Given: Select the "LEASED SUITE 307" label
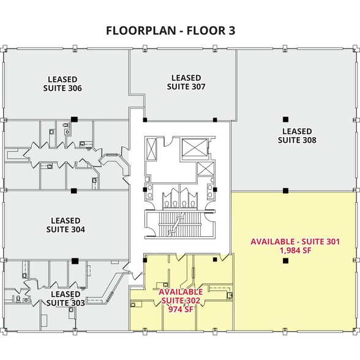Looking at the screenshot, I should tap(186, 82).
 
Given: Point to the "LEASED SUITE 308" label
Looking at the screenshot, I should tap(297, 135).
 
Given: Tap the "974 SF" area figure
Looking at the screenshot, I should tap(181, 309).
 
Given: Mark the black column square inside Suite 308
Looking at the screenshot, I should tap(285, 119).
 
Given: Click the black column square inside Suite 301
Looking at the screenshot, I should tap(285, 261).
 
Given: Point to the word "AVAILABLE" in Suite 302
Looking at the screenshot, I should tap(181, 292).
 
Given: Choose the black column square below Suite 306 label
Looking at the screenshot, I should tap(73, 119).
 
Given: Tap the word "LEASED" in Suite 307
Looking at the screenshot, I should tap(186, 78).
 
